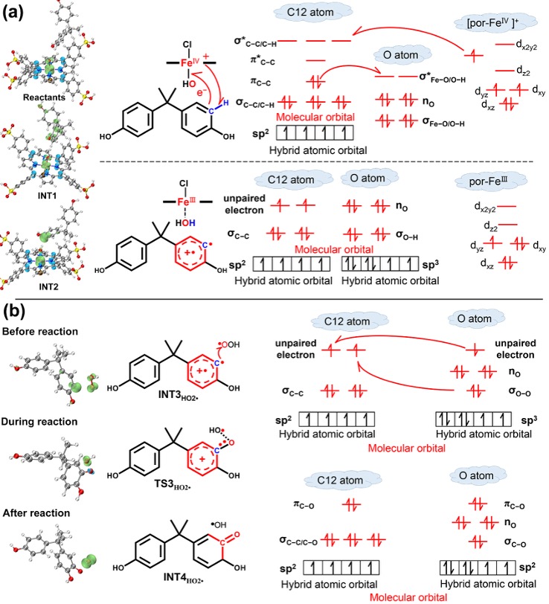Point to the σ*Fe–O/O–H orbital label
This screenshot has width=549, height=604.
click(x=444, y=76)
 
